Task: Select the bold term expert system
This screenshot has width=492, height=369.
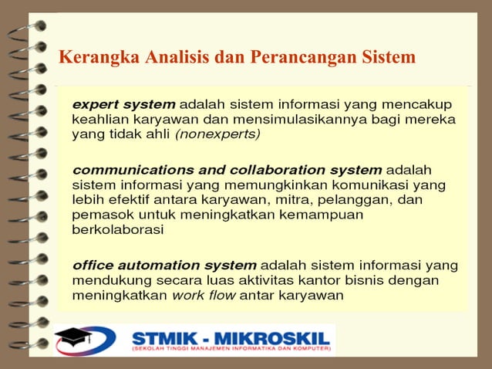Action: point(123,104)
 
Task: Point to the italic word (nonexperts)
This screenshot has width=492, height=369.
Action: point(218,134)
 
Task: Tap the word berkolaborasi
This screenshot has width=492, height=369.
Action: point(117,229)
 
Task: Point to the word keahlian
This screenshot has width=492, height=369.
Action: point(98,119)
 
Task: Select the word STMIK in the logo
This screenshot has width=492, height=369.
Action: point(164,337)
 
